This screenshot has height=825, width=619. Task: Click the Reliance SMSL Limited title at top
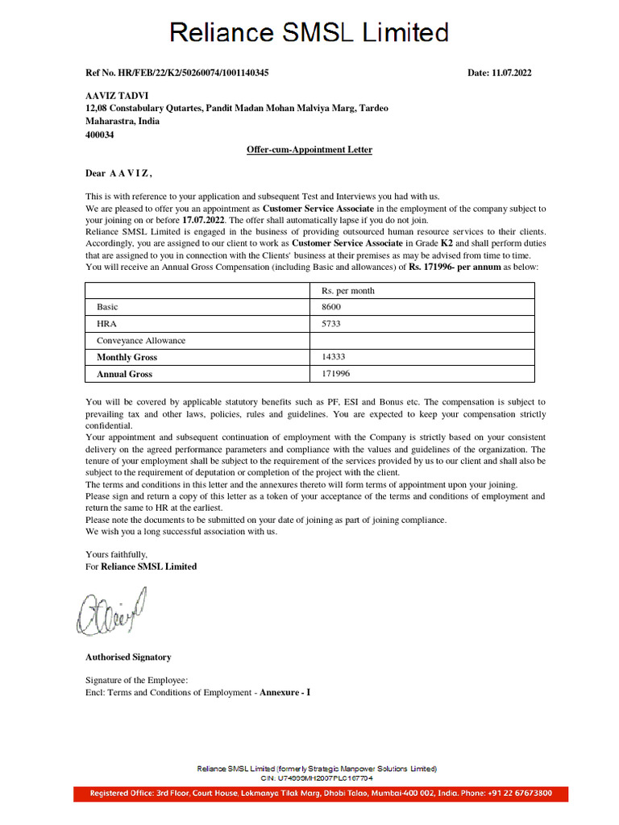point(309,33)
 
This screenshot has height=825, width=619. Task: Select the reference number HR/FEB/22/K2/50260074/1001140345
point(177,73)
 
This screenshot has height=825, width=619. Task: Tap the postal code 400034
point(100,135)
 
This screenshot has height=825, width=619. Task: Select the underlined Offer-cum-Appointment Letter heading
point(309,150)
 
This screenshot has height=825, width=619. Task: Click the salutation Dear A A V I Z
point(118,173)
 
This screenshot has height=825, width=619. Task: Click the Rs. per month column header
point(348,291)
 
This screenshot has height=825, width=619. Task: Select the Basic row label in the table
point(107,307)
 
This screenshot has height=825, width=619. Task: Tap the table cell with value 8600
point(331,307)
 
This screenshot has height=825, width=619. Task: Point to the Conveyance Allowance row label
point(141,341)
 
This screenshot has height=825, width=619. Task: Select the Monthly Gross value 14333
point(334,357)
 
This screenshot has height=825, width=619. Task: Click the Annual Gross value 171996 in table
point(336,374)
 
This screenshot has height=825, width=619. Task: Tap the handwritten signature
point(112,609)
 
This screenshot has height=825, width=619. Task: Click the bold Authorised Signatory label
point(128,657)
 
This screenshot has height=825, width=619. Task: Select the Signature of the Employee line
point(137,681)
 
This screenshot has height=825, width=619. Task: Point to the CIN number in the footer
point(317,778)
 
